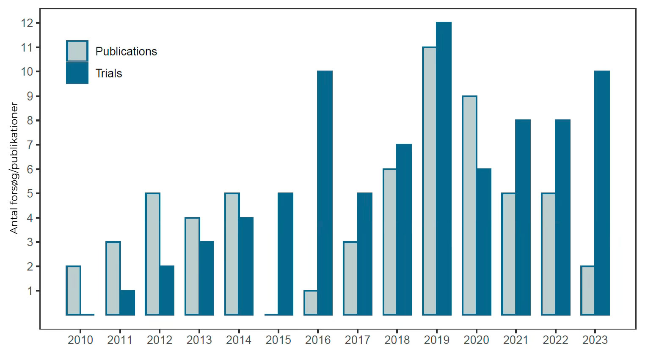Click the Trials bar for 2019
click(444, 169)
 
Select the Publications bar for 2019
click(430, 181)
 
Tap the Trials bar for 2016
click(325, 193)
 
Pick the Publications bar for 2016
click(311, 302)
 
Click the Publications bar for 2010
click(73, 291)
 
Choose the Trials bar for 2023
click(602, 193)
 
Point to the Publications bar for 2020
click(470, 206)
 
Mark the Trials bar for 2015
click(285, 254)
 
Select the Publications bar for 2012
click(152, 254)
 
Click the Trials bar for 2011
click(127, 302)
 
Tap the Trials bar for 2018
click(404, 230)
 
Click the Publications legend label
click(126, 52)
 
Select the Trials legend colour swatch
click(77, 73)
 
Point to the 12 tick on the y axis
click(38, 23)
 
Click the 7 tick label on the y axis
click(30, 145)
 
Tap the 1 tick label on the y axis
click(30, 291)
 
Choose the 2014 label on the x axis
click(239, 340)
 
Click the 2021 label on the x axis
click(516, 340)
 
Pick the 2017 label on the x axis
click(358, 340)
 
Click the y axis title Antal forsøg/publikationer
click(14, 168)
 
